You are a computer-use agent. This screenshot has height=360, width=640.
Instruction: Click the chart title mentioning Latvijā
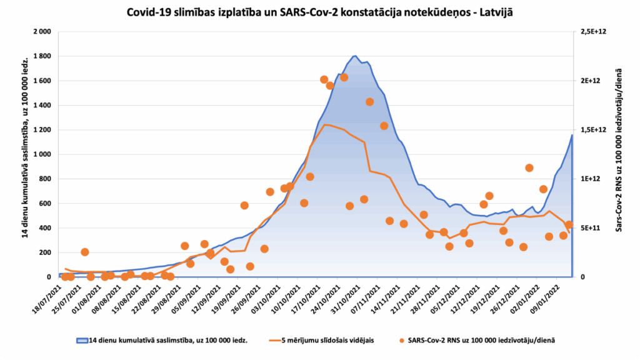coord(319,12)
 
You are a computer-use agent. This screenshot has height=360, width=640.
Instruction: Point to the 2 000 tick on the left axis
coord(41,31)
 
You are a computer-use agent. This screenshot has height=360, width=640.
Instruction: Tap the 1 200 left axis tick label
coord(41,129)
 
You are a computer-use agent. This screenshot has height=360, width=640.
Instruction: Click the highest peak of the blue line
coord(355,56)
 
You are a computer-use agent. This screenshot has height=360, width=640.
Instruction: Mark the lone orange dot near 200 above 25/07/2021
coord(84,252)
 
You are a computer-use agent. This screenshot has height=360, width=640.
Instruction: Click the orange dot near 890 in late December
coord(529,167)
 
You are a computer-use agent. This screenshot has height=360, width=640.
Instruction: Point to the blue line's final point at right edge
coord(571,135)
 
